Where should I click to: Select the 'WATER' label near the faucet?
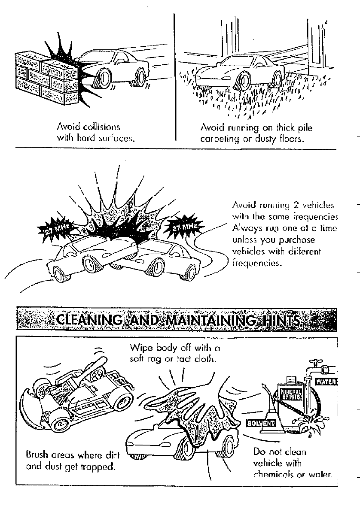[326, 381]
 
